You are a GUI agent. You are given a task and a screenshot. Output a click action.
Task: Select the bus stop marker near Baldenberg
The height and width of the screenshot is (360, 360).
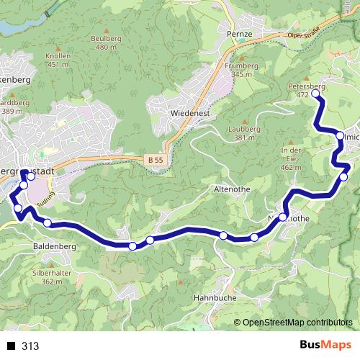tap(48, 223)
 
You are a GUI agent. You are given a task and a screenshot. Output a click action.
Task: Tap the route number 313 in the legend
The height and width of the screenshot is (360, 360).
tap(30, 346)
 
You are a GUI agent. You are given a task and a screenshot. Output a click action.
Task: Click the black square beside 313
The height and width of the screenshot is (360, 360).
tap(11, 346)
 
